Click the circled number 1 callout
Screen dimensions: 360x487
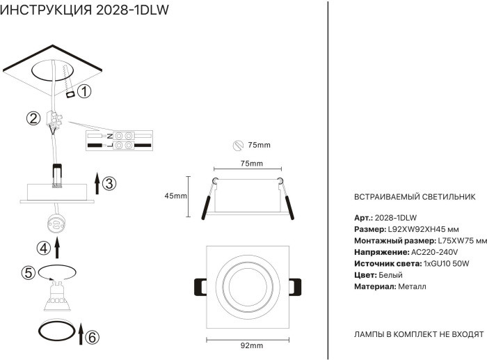[x=84, y=91]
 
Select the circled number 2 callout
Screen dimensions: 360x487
[x=33, y=118]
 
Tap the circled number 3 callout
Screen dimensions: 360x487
[x=109, y=184]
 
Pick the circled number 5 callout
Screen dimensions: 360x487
[x=28, y=273]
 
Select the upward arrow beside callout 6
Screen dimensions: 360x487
[x=81, y=333]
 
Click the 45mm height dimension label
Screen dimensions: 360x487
[x=175, y=196]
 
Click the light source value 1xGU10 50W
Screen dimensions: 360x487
[x=446, y=263]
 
